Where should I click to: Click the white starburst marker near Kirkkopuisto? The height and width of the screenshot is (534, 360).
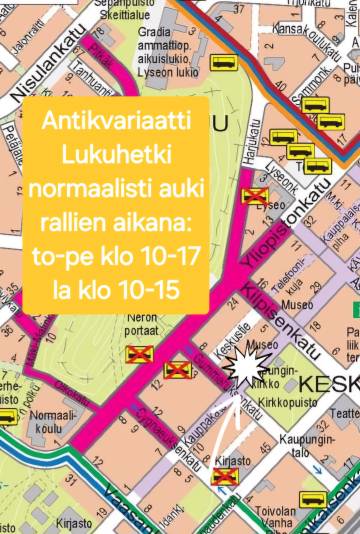[243, 368]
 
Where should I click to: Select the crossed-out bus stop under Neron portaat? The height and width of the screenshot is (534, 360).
[137, 352]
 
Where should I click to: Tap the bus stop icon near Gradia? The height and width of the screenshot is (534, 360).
[223, 63]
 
